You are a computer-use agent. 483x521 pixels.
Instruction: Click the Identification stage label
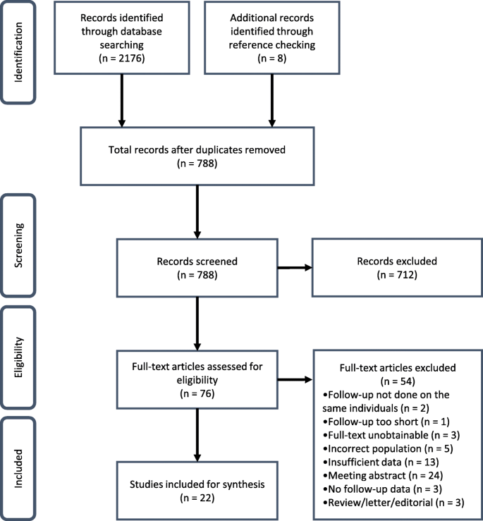pos(18,52)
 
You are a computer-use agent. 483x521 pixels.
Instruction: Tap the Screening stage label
pos(18,245)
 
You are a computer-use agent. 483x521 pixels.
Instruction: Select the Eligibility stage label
pos(18,357)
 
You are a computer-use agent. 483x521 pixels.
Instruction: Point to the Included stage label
pos(18,469)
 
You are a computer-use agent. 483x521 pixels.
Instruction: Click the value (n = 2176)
pos(122,58)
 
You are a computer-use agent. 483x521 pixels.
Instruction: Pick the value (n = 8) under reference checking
pos(272,58)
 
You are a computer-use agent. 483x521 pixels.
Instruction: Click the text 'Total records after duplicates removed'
pos(197,149)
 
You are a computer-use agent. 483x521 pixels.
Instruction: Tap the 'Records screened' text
pos(197,261)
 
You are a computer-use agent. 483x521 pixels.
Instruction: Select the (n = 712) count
pos(397,275)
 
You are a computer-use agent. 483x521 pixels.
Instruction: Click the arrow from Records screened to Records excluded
pos(295,267)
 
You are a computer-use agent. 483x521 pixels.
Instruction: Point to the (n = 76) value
pos(197,393)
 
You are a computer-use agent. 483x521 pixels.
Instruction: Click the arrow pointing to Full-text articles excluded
pos(295,379)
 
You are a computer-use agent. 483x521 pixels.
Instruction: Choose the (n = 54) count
pos(398,381)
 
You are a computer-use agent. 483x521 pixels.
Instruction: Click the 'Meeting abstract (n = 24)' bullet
pos(383,475)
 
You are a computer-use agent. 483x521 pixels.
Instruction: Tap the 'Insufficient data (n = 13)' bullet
pos(381,462)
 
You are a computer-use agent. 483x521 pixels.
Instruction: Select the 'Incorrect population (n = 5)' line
pos(388,448)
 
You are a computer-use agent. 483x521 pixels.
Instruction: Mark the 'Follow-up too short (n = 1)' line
pos(386,422)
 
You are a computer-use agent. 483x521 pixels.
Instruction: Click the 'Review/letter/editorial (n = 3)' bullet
pos(393,503)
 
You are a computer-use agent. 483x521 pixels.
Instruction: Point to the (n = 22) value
pos(197,498)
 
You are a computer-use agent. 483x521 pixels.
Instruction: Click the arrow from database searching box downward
pos(122,101)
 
